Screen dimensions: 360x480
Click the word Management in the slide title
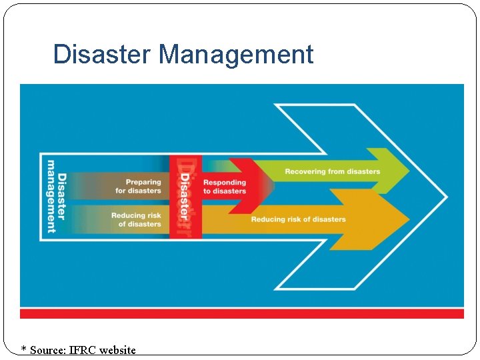click(236, 54)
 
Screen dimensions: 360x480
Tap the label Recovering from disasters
click(332, 171)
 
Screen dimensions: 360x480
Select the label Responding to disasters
click(225, 187)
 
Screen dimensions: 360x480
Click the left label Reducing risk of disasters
click(136, 219)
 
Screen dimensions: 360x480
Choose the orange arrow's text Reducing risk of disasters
click(298, 219)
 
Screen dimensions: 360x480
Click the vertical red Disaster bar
click(185, 197)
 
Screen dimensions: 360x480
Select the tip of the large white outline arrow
click(445, 197)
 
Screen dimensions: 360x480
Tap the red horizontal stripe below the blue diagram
click(241, 313)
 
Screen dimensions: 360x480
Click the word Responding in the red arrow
click(225, 182)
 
